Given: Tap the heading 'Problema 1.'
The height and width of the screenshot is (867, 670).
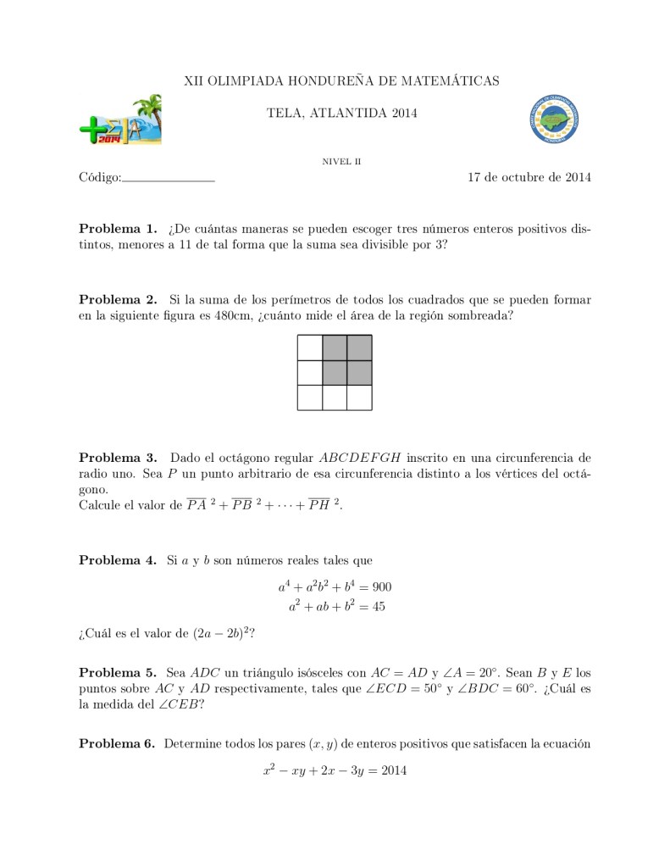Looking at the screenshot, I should [118, 229].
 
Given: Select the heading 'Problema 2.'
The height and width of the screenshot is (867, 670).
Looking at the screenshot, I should [118, 299].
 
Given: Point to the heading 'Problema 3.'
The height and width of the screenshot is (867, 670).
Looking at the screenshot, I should [118, 458].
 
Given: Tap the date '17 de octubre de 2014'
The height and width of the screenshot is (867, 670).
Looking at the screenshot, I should [529, 177].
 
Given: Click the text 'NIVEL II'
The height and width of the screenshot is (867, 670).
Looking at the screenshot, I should [342, 160].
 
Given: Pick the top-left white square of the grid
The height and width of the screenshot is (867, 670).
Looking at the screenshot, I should [310, 348].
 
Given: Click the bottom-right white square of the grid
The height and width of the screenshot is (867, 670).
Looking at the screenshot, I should [359, 397].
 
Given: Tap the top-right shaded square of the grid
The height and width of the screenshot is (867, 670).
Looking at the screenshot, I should [359, 348].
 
